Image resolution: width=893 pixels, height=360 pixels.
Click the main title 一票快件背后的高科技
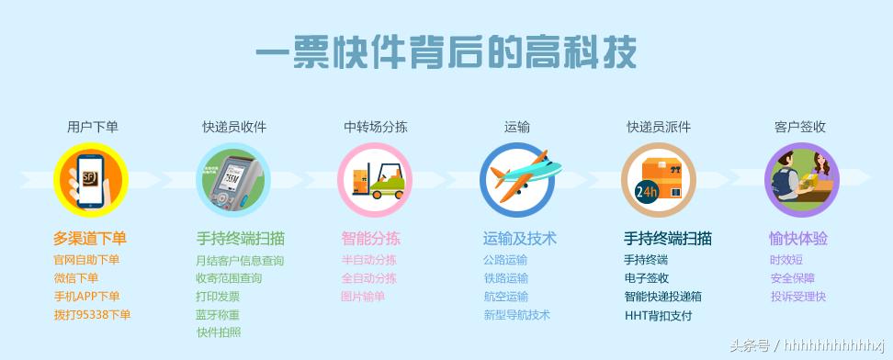pyautogui.click(x=446, y=52)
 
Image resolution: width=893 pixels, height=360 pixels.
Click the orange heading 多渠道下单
pyautogui.click(x=90, y=239)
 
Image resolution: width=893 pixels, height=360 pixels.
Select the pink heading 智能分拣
pyautogui.click(x=370, y=239)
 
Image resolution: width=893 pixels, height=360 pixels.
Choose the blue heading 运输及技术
pyautogui.click(x=519, y=239)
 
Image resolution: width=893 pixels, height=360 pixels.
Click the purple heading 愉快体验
pyautogui.click(x=798, y=239)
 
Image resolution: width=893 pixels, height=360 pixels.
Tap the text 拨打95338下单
pyautogui.click(x=92, y=315)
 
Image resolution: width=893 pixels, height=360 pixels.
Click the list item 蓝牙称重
pyautogui.click(x=218, y=315)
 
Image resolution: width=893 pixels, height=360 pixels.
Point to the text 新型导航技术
pyautogui.click(x=516, y=315)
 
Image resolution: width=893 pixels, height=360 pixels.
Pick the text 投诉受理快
pyautogui.click(x=798, y=297)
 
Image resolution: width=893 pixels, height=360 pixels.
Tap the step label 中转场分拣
pyautogui.click(x=376, y=127)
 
